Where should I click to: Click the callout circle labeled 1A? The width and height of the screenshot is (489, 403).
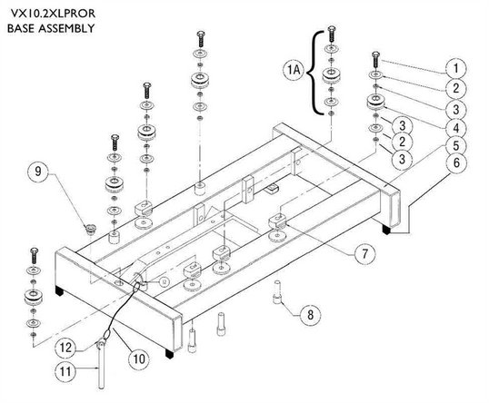[x=294, y=70]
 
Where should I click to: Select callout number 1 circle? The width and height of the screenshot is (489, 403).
[x=456, y=68]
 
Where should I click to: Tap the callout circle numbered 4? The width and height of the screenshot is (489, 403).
[x=456, y=128]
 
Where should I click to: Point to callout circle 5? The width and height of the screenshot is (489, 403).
[x=456, y=145]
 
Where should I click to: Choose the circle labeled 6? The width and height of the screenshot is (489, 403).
[x=456, y=162]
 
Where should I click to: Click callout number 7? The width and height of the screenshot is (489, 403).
[x=364, y=254]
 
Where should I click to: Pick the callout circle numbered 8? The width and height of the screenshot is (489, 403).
[x=310, y=315]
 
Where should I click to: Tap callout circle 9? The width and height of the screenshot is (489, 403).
[x=38, y=171]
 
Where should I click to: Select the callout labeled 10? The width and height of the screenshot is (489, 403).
[x=139, y=359]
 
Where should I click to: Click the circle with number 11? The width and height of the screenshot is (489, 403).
[x=65, y=371]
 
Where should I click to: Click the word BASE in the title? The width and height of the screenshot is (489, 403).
[x=21, y=28]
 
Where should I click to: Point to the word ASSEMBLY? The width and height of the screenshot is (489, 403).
[x=66, y=28]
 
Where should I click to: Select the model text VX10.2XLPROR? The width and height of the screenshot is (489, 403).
[x=53, y=14]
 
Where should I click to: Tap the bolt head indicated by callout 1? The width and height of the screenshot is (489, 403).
[x=375, y=54]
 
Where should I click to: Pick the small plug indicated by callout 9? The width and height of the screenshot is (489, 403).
[x=91, y=230]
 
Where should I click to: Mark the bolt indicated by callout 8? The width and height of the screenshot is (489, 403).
[x=277, y=291]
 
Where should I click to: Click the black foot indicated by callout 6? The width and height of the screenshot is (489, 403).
[x=386, y=230]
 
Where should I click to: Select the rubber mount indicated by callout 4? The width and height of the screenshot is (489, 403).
[x=375, y=103]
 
